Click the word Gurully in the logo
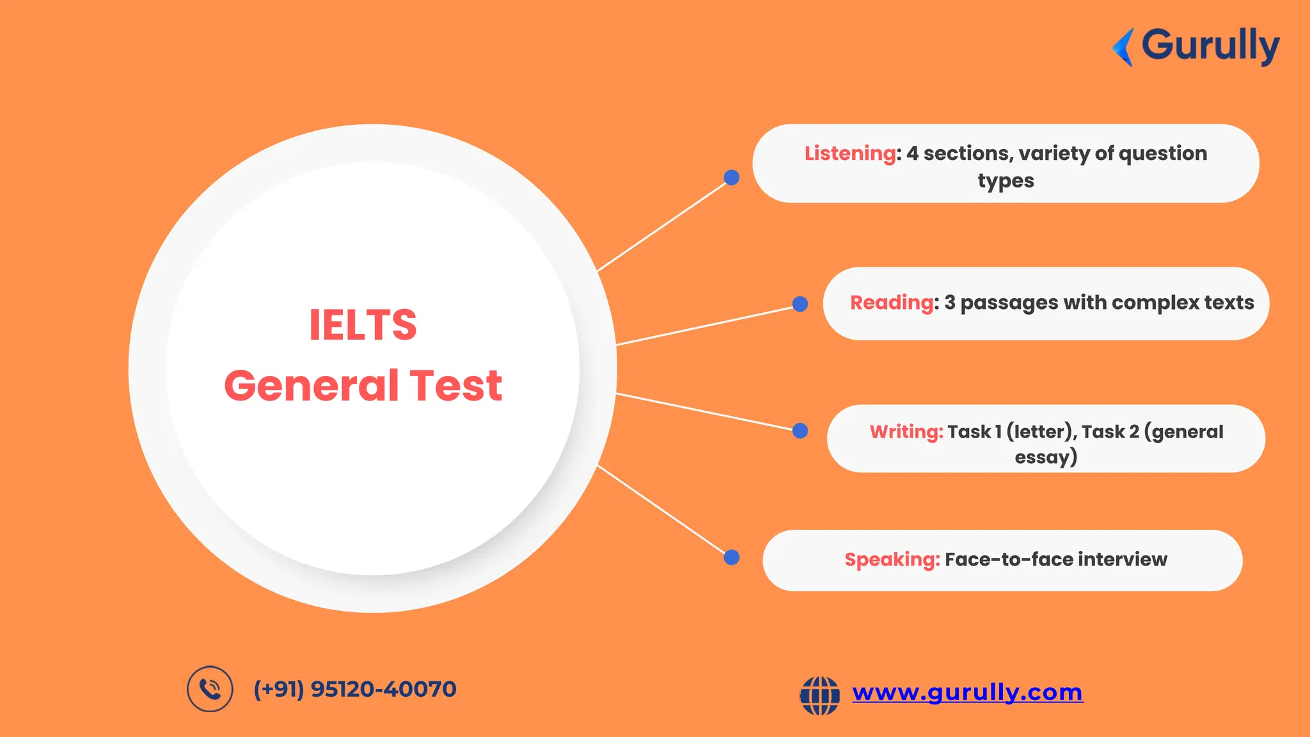click(x=1210, y=46)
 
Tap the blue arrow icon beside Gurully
click(x=1123, y=47)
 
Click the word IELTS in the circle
click(x=363, y=325)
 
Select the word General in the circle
click(x=311, y=386)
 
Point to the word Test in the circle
click(x=455, y=386)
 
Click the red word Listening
click(x=850, y=154)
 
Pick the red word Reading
click(x=892, y=303)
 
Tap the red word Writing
click(x=906, y=432)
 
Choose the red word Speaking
click(x=892, y=560)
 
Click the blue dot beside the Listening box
click(x=732, y=178)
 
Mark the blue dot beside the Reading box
click(x=800, y=304)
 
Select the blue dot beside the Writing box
click(x=800, y=431)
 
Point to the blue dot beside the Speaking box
click(x=732, y=557)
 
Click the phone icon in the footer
click(x=210, y=689)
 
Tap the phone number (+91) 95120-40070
click(x=355, y=689)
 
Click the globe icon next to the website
click(x=819, y=695)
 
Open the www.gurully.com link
click(x=967, y=692)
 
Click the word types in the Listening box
click(x=1006, y=181)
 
